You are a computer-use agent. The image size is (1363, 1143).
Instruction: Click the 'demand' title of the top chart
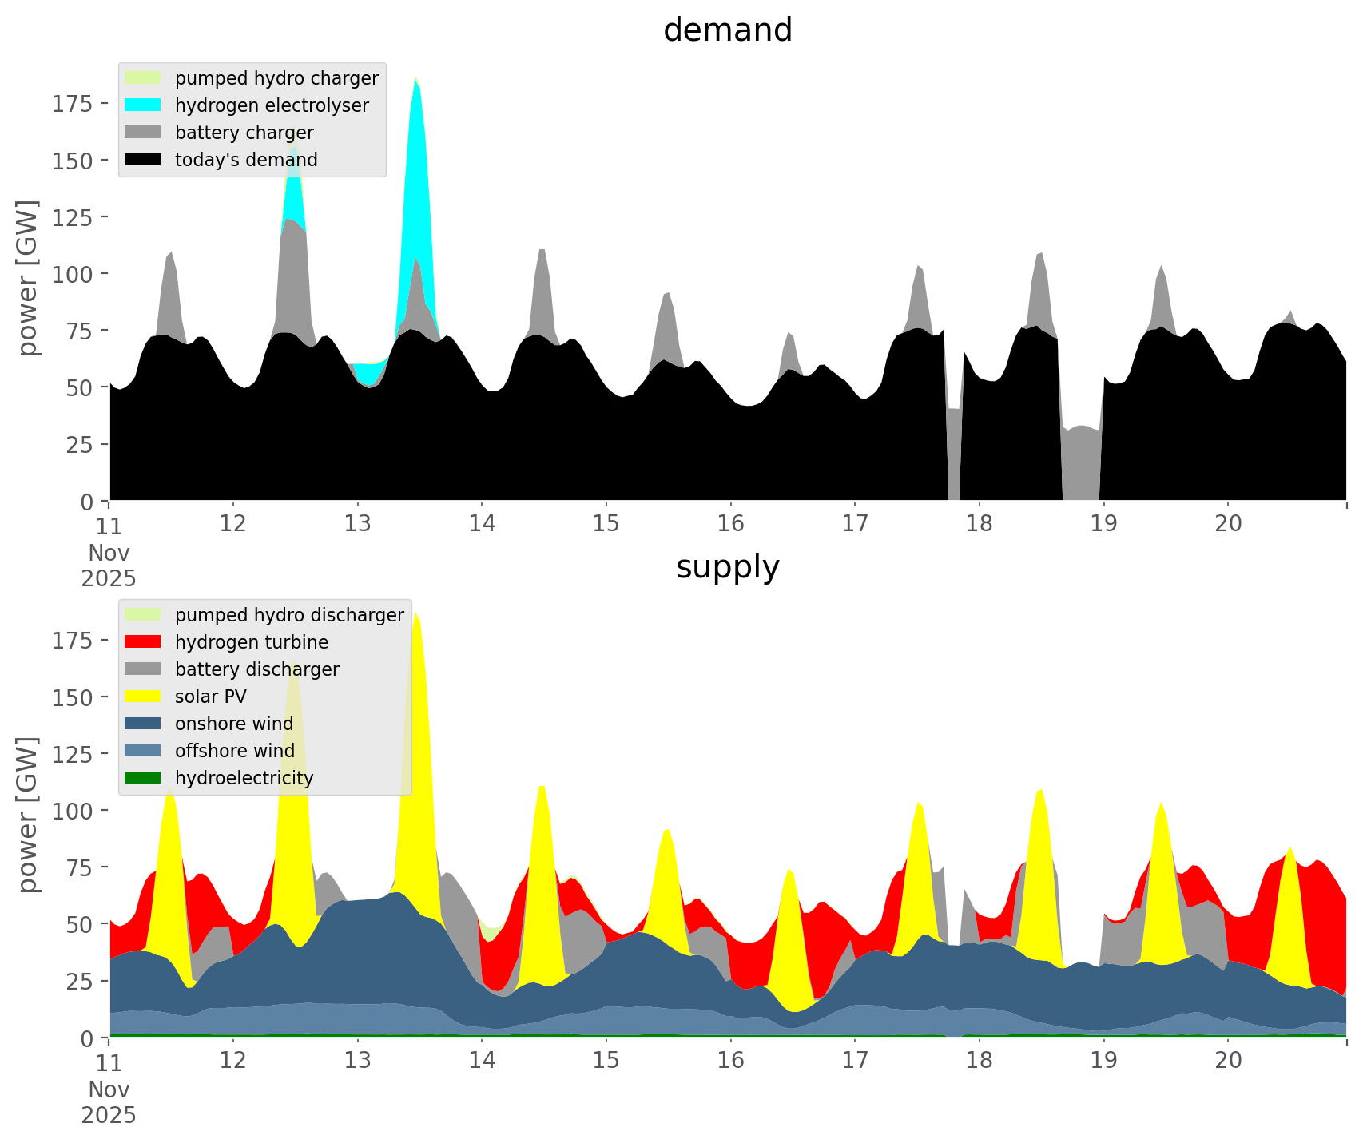pyautogui.click(x=727, y=30)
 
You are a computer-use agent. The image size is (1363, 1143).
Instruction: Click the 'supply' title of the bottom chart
pyautogui.click(x=727, y=567)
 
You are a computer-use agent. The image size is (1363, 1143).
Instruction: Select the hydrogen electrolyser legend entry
pyautogui.click(x=272, y=105)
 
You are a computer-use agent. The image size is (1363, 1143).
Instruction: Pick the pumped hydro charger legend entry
pyautogui.click(x=276, y=78)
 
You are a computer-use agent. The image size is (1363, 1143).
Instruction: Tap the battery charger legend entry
pyautogui.click(x=244, y=133)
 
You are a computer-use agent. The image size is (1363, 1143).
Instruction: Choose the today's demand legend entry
pyautogui.click(x=246, y=160)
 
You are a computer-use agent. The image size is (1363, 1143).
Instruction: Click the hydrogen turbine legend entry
pyautogui.click(x=251, y=642)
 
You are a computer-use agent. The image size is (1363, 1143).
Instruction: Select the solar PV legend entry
pyautogui.click(x=210, y=697)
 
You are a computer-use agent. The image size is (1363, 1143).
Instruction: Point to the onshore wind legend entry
pyautogui.click(x=233, y=724)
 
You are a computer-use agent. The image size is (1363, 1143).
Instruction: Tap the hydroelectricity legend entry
pyautogui.click(x=244, y=778)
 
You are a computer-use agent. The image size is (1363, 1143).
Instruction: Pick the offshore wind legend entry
pyautogui.click(x=234, y=751)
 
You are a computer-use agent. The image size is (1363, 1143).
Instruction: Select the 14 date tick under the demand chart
pyautogui.click(x=482, y=524)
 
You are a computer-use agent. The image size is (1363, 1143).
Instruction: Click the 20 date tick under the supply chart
pyautogui.click(x=1228, y=1061)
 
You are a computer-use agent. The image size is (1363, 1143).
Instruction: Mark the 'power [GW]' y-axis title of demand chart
pyautogui.click(x=29, y=277)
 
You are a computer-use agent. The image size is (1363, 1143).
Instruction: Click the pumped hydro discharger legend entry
pyautogui.click(x=289, y=615)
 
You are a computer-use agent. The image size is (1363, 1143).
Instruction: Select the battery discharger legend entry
pyautogui.click(x=256, y=669)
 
